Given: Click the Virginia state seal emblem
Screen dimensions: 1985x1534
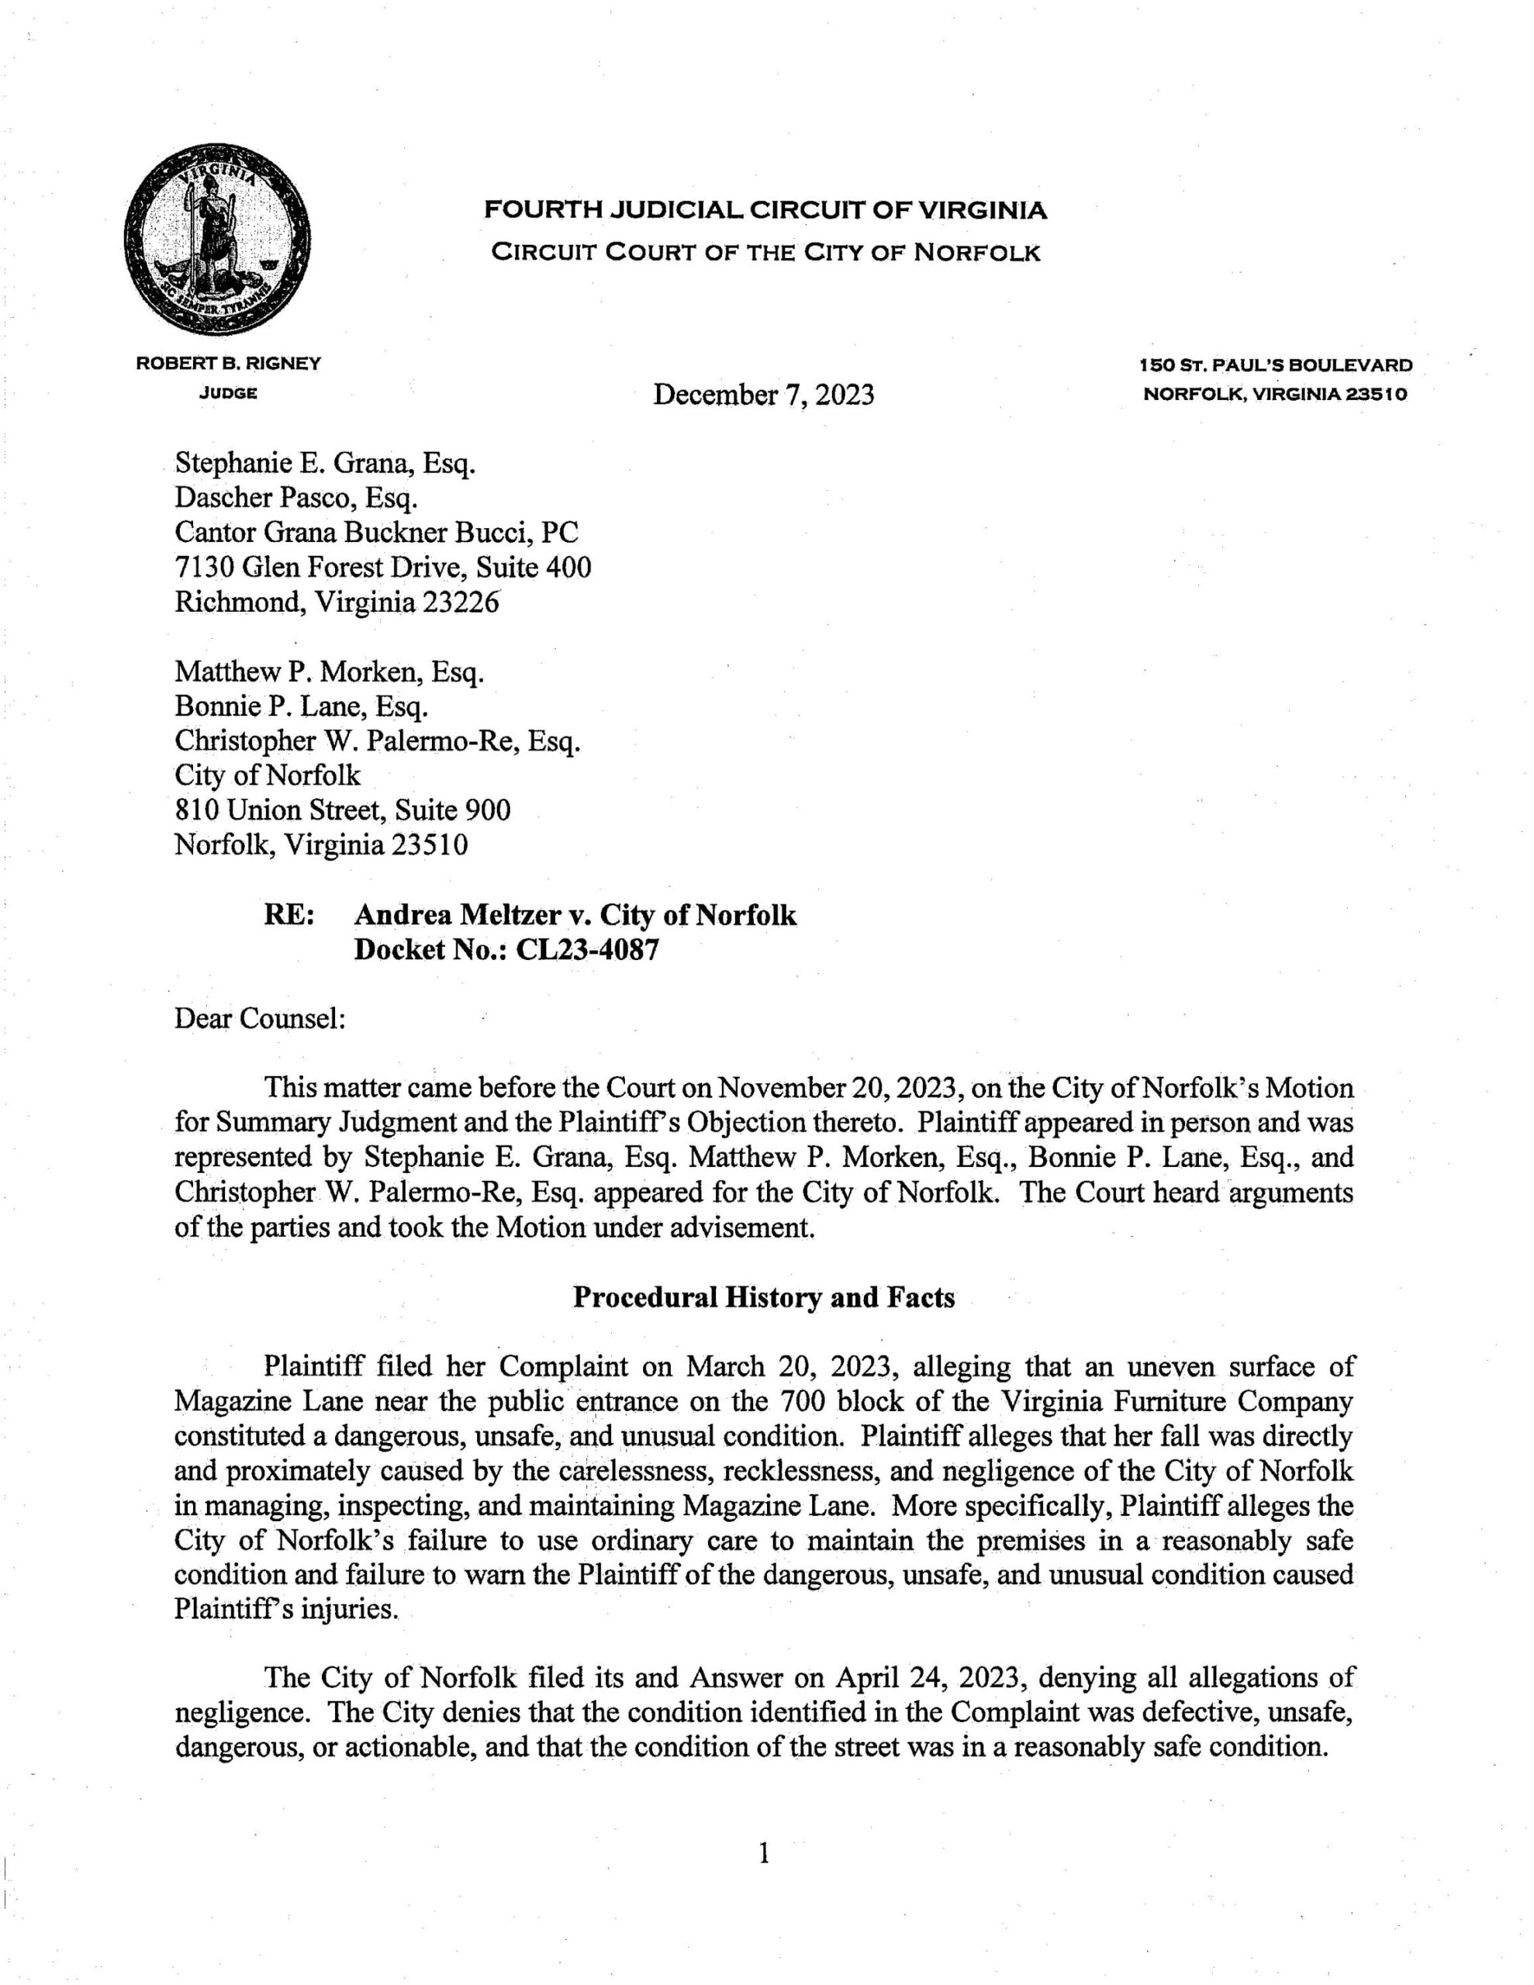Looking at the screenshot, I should [x=216, y=238].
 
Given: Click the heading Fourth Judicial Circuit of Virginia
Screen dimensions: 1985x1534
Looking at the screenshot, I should [x=765, y=211].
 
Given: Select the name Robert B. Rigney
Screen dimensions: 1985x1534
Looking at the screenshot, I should [x=228, y=364].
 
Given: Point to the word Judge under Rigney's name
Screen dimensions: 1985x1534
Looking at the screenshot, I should [x=228, y=394].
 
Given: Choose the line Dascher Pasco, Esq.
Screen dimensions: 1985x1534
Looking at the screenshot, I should [x=295, y=498].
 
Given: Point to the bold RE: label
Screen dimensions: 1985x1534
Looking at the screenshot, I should [x=289, y=915].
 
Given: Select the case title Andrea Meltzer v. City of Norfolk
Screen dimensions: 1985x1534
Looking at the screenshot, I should [x=575, y=915].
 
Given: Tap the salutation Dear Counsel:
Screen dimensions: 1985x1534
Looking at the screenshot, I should [x=259, y=1019].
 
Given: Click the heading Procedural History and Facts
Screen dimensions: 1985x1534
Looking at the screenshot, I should [x=764, y=1298].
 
